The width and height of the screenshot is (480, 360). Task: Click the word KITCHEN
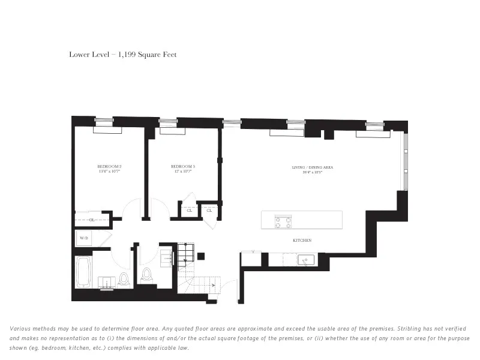(302, 240)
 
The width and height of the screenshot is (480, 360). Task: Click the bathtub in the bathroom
(83, 274)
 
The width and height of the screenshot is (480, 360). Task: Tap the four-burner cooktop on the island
(283, 220)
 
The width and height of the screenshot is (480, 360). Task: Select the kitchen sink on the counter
(307, 260)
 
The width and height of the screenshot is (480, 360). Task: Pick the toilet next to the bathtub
(125, 278)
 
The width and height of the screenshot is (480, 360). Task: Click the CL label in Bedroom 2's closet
(92, 220)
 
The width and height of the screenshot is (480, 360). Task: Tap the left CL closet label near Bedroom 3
(189, 211)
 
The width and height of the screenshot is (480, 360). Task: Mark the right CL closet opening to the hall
(209, 211)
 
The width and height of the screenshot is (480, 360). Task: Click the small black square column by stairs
(201, 256)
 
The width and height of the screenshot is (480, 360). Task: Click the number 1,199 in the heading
(127, 55)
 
